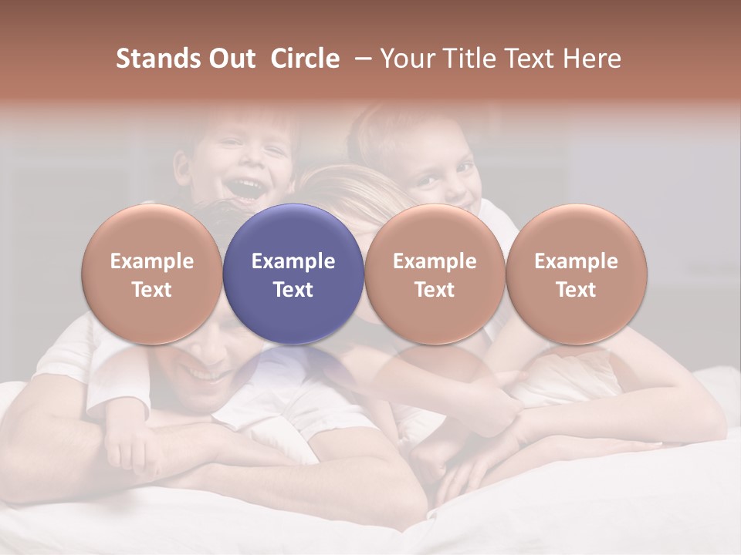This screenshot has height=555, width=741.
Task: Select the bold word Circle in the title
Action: pyautogui.click(x=305, y=59)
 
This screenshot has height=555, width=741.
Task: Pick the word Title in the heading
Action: pyautogui.click(x=466, y=59)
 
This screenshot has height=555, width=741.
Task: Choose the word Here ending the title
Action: pyautogui.click(x=593, y=59)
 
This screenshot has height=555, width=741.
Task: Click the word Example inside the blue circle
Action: pyautogui.click(x=293, y=261)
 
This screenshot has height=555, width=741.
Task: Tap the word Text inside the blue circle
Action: pyautogui.click(x=293, y=290)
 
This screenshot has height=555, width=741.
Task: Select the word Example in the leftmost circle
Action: pyautogui.click(x=152, y=261)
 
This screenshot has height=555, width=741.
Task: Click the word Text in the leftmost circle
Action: pyautogui.click(x=152, y=290)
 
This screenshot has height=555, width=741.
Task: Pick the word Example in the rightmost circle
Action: pyautogui.click(x=576, y=261)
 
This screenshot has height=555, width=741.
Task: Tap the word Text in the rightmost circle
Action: pyautogui.click(x=576, y=290)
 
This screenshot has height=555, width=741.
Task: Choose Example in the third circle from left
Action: pyautogui.click(x=435, y=261)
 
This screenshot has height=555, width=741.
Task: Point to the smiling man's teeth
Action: pyautogui.click(x=202, y=375)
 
